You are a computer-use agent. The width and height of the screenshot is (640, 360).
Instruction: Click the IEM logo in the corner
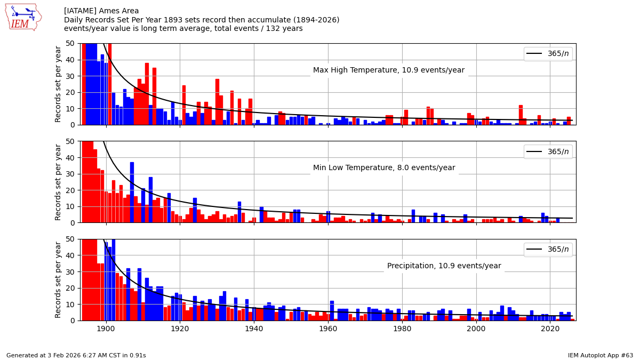(23, 17)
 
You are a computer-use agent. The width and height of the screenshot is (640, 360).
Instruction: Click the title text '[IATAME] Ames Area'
(101, 11)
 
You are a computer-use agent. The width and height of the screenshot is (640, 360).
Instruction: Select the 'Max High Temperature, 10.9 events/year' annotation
(388, 70)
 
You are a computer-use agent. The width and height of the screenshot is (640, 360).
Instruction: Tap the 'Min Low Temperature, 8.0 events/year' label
(384, 168)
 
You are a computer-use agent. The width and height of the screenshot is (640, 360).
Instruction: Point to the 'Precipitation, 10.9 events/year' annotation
(444, 266)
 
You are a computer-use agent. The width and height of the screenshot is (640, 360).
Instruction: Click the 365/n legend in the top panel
(548, 54)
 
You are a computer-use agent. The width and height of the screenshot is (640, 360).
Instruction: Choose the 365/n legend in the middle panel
(548, 151)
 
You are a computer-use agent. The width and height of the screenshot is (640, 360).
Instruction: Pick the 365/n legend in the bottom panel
(548, 250)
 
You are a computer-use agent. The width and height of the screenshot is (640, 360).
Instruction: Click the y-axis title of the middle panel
(59, 182)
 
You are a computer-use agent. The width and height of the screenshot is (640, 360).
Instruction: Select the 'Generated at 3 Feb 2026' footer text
(76, 355)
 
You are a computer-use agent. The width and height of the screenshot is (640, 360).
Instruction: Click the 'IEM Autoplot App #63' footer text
(600, 355)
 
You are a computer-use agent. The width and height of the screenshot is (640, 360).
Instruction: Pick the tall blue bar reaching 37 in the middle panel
(132, 193)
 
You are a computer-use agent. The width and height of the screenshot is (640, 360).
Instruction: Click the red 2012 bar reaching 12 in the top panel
(521, 115)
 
